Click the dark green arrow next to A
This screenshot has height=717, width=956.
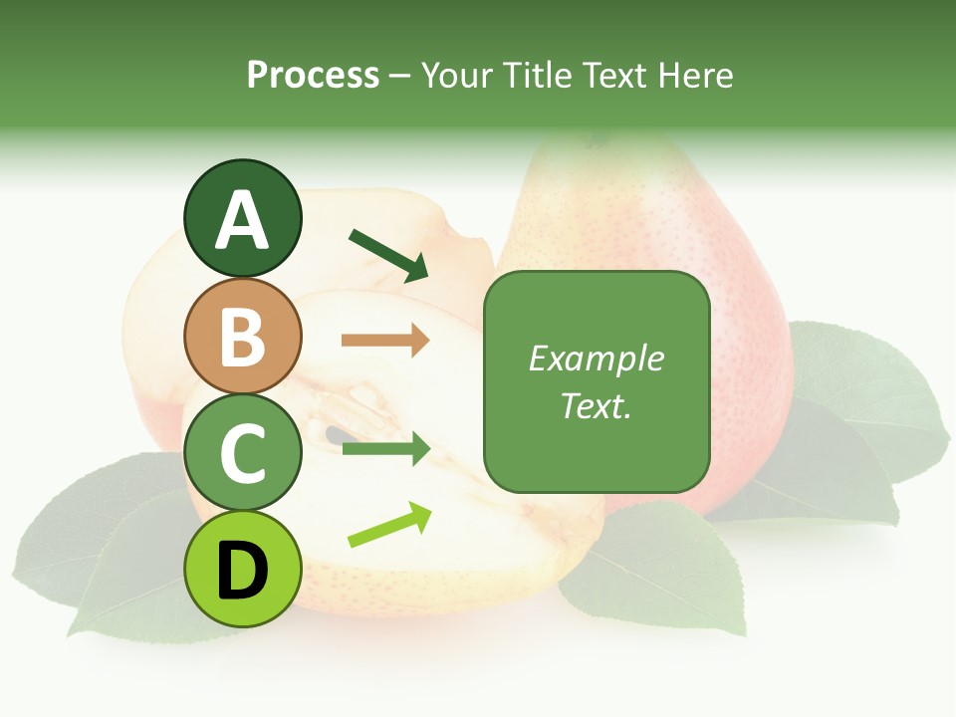(x=387, y=255)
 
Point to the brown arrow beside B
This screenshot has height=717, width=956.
(x=385, y=341)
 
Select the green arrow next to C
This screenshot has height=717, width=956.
(x=385, y=449)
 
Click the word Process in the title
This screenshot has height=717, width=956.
(x=313, y=75)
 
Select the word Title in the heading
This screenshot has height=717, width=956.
(x=537, y=75)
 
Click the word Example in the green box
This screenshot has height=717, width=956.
(x=596, y=358)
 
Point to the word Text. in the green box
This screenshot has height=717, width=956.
(x=596, y=405)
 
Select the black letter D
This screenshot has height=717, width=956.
(x=242, y=571)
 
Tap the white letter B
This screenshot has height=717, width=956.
(x=242, y=337)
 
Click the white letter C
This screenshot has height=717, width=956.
(x=242, y=453)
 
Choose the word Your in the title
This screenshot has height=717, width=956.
(x=458, y=75)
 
